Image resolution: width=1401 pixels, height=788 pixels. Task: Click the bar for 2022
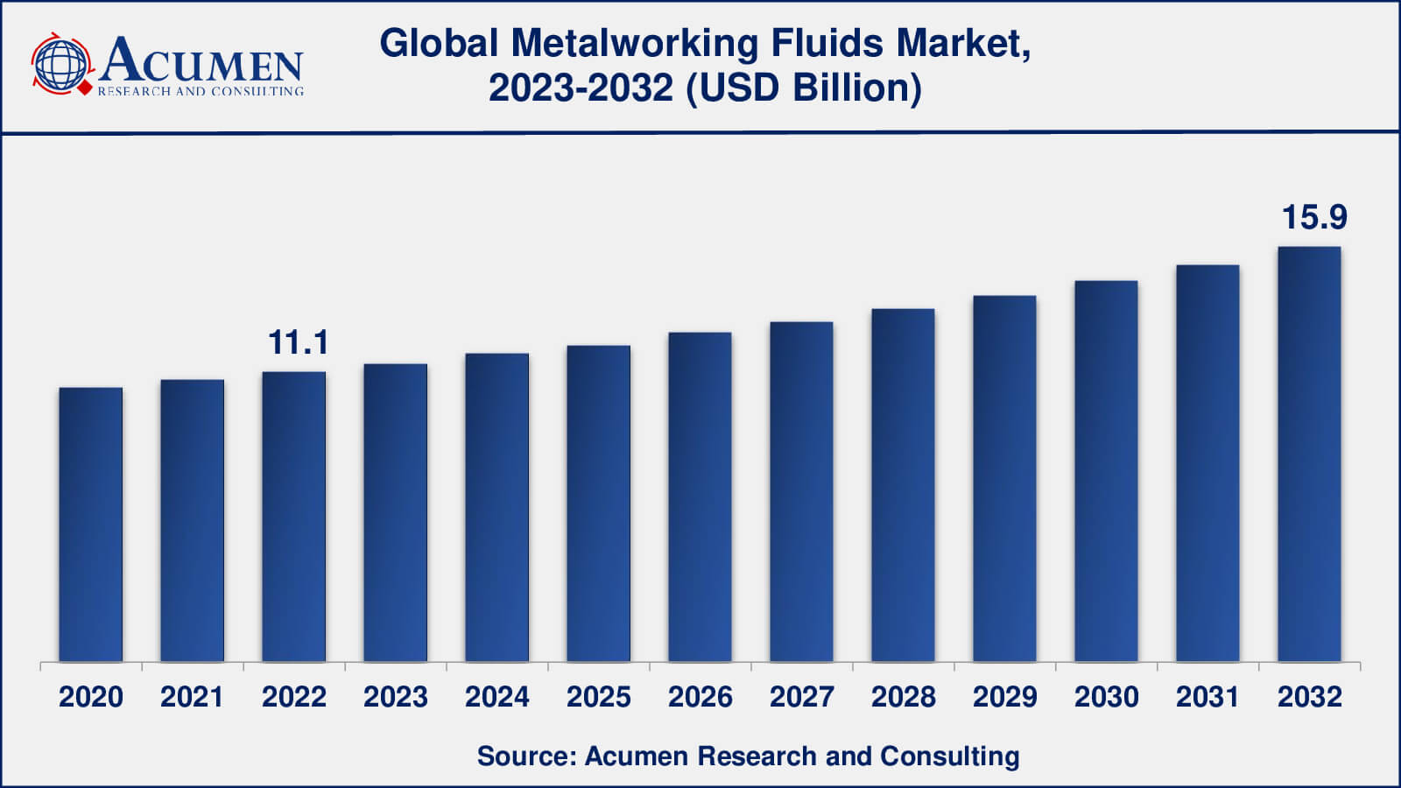point(294,517)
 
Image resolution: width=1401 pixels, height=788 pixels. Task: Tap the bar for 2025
point(599,503)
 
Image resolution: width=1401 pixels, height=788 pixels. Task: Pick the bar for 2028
point(903,485)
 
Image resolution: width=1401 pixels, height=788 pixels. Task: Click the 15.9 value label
point(1314,217)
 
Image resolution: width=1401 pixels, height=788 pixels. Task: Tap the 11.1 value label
point(298,342)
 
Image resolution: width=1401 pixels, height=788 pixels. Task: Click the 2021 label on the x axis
point(192,697)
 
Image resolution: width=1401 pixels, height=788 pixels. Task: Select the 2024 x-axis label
point(496,697)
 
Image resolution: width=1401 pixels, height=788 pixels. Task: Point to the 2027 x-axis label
point(801,697)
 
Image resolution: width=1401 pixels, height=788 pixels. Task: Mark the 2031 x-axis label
point(1207,697)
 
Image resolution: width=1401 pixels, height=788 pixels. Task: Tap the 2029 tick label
point(1004,697)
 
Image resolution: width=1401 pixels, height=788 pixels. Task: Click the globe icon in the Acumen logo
point(60,64)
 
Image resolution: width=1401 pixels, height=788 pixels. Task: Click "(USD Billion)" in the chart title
point(803,88)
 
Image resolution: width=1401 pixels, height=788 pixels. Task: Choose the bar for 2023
point(396,512)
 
